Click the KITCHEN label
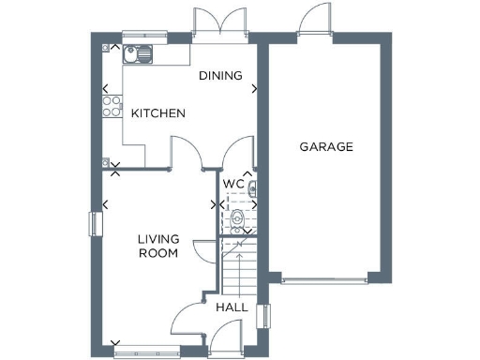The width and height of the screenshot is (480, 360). (157, 113)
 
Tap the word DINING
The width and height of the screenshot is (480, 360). (220, 76)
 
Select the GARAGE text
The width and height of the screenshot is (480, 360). (325, 147)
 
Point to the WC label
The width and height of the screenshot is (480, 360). (232, 185)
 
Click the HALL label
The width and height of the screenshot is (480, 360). (232, 307)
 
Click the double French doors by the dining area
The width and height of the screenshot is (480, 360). (216, 21)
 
